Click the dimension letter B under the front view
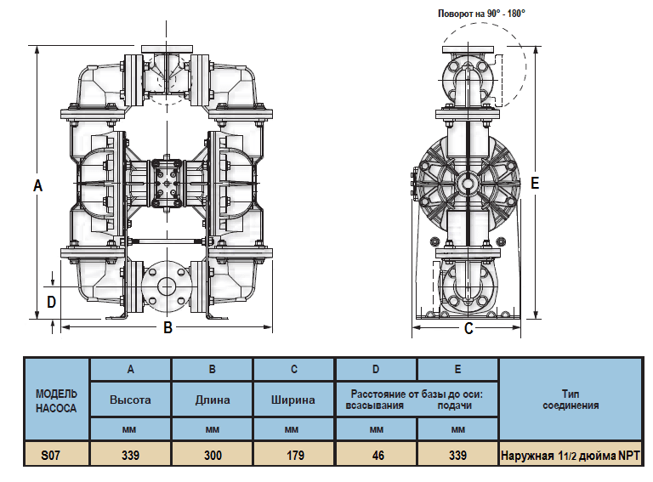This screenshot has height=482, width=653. (x=168, y=327)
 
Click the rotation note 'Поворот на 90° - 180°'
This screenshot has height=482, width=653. (x=481, y=14)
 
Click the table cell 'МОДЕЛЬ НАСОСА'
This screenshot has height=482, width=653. (x=56, y=400)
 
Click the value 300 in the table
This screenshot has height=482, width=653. (x=213, y=455)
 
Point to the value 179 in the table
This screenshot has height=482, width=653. (x=294, y=455)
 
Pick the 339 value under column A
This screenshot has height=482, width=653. (x=130, y=455)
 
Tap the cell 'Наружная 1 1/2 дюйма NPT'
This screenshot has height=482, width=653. (x=570, y=455)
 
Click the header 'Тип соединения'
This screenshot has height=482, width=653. (x=570, y=400)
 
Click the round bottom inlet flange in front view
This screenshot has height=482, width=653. (x=167, y=286)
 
